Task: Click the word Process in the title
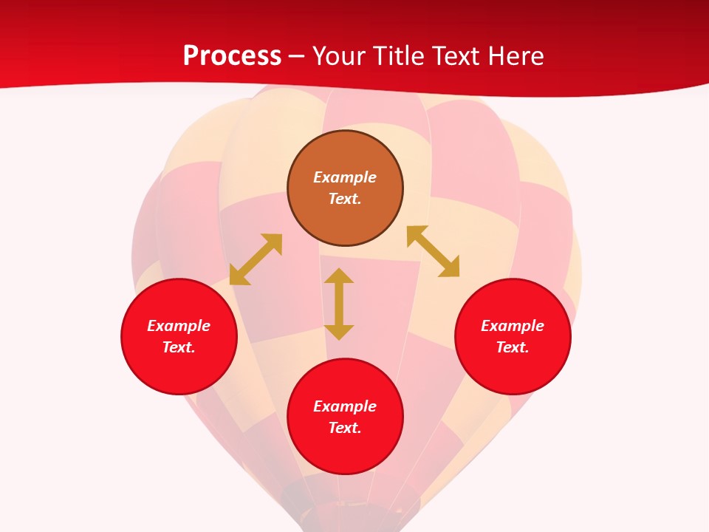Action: pyautogui.click(x=232, y=56)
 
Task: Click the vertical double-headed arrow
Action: pyautogui.click(x=339, y=304)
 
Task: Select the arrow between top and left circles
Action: pyautogui.click(x=256, y=259)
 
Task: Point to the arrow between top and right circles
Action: pyautogui.click(x=434, y=251)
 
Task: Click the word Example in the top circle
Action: pyautogui.click(x=345, y=177)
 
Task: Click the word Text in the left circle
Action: pyautogui.click(x=179, y=347)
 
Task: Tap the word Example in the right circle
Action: pyautogui.click(x=513, y=326)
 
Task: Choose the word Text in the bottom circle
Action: pyautogui.click(x=345, y=428)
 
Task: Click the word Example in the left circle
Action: pyautogui.click(x=179, y=326)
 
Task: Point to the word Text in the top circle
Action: pyautogui.click(x=345, y=199)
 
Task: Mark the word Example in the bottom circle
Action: pyautogui.click(x=345, y=406)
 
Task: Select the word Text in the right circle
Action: pyautogui.click(x=513, y=347)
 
